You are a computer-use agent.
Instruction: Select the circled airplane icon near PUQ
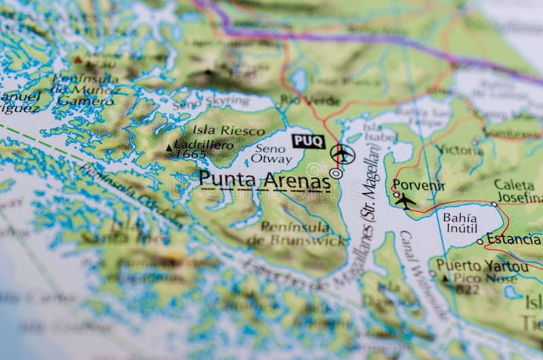(342, 154)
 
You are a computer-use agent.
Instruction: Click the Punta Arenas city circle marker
(335, 173)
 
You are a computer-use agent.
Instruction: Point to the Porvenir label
(419, 185)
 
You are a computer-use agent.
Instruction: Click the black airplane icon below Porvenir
(405, 201)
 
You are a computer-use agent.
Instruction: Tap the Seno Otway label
(271, 154)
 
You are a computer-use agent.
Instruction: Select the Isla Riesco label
(219, 130)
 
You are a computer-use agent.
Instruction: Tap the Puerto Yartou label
(482, 266)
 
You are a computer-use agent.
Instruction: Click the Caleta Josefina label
(518, 191)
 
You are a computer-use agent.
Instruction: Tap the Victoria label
(460, 149)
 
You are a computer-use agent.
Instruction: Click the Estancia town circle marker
(480, 241)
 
